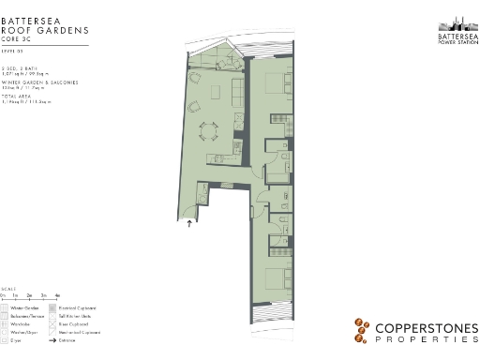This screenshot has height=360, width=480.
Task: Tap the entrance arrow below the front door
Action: (x=191, y=224)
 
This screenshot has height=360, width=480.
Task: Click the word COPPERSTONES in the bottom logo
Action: (x=426, y=328)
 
